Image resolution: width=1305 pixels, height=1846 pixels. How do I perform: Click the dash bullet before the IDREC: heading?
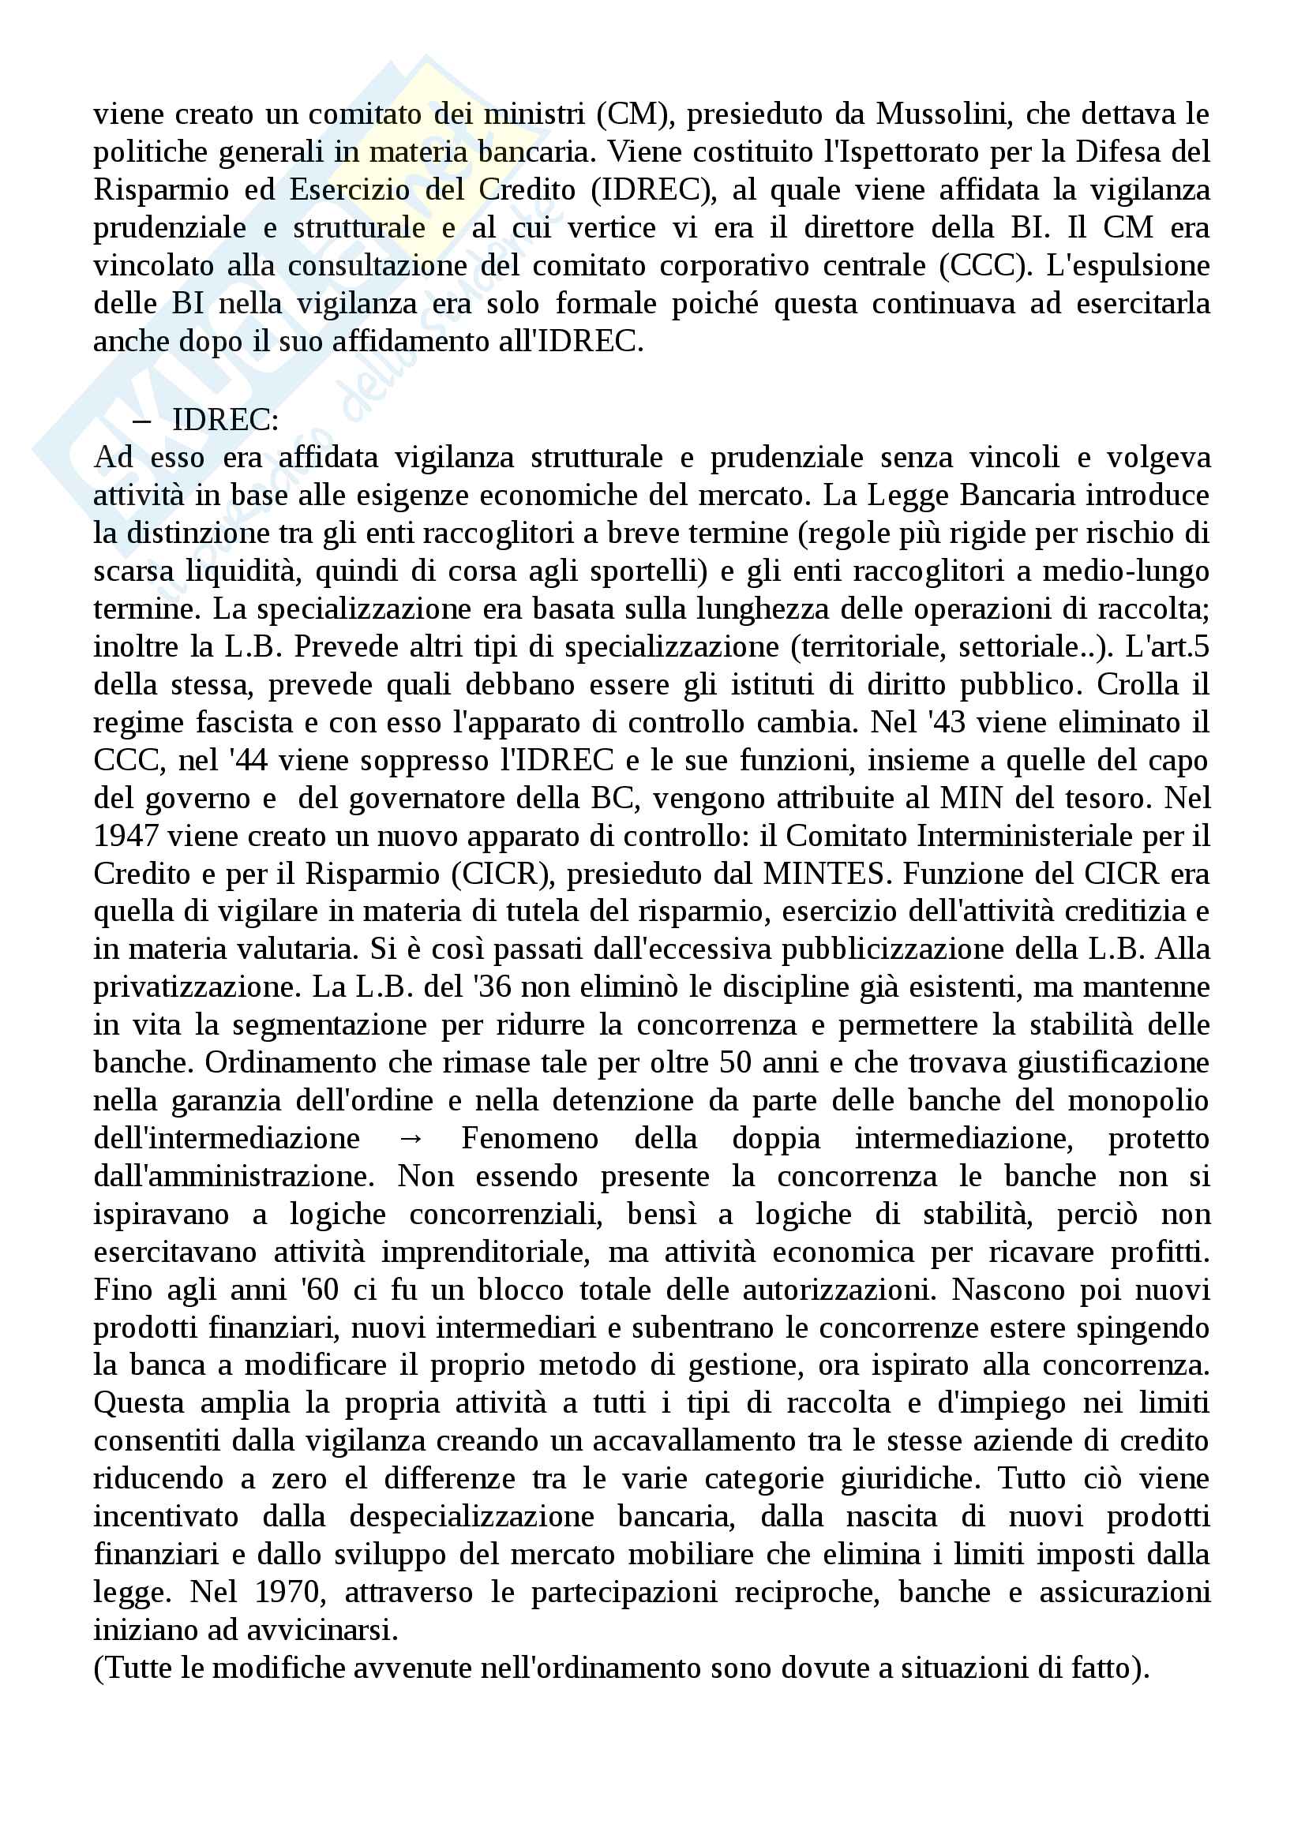141,420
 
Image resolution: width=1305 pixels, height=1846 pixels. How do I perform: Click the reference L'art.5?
1167,646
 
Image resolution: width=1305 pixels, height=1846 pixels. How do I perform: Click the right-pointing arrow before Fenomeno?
410,1140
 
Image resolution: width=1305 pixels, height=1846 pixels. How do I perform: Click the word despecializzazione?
471,1517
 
